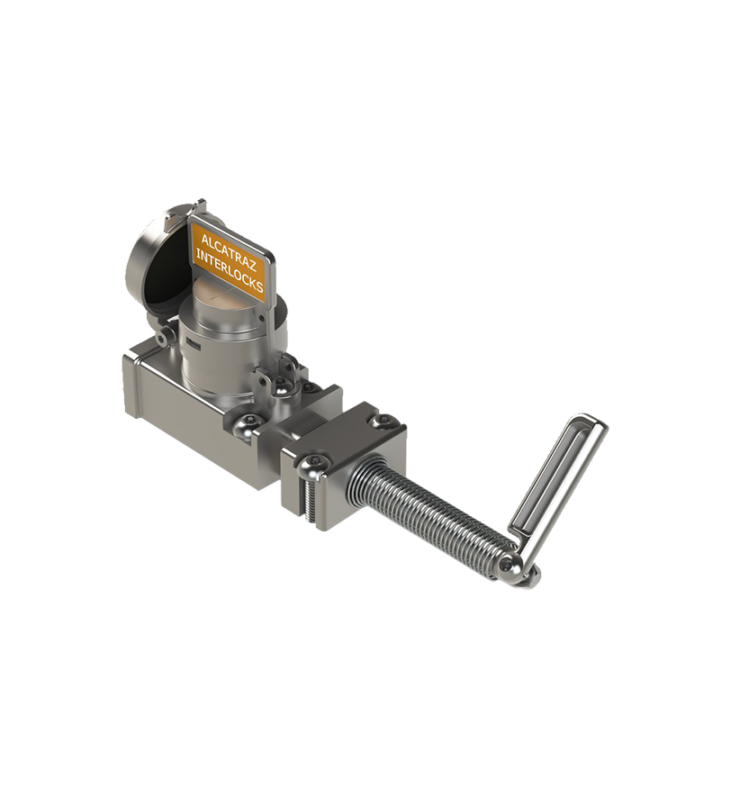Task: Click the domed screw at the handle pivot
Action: point(510,566)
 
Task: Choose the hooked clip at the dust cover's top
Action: point(200,208)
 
